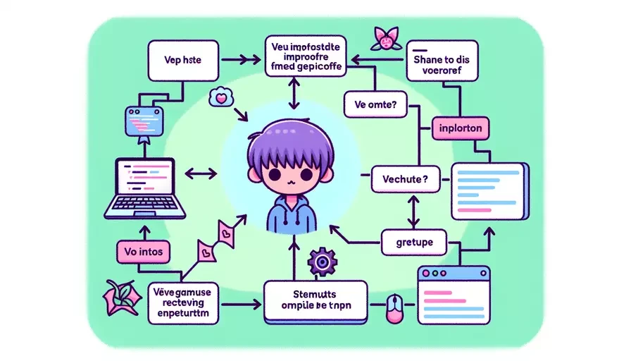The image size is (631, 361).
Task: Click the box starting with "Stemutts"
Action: pyautogui.click(x=315, y=301)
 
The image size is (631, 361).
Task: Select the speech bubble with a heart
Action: pyautogui.click(x=220, y=99)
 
